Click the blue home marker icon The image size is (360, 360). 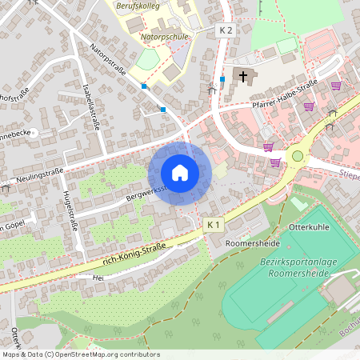click(180, 172)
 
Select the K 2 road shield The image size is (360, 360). click(226, 30)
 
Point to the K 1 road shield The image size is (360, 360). click(213, 225)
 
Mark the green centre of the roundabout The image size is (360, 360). click(298, 156)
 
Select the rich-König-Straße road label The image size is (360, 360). click(134, 254)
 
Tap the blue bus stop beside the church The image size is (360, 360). click(222, 79)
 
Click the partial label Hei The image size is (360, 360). click(98, 277)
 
